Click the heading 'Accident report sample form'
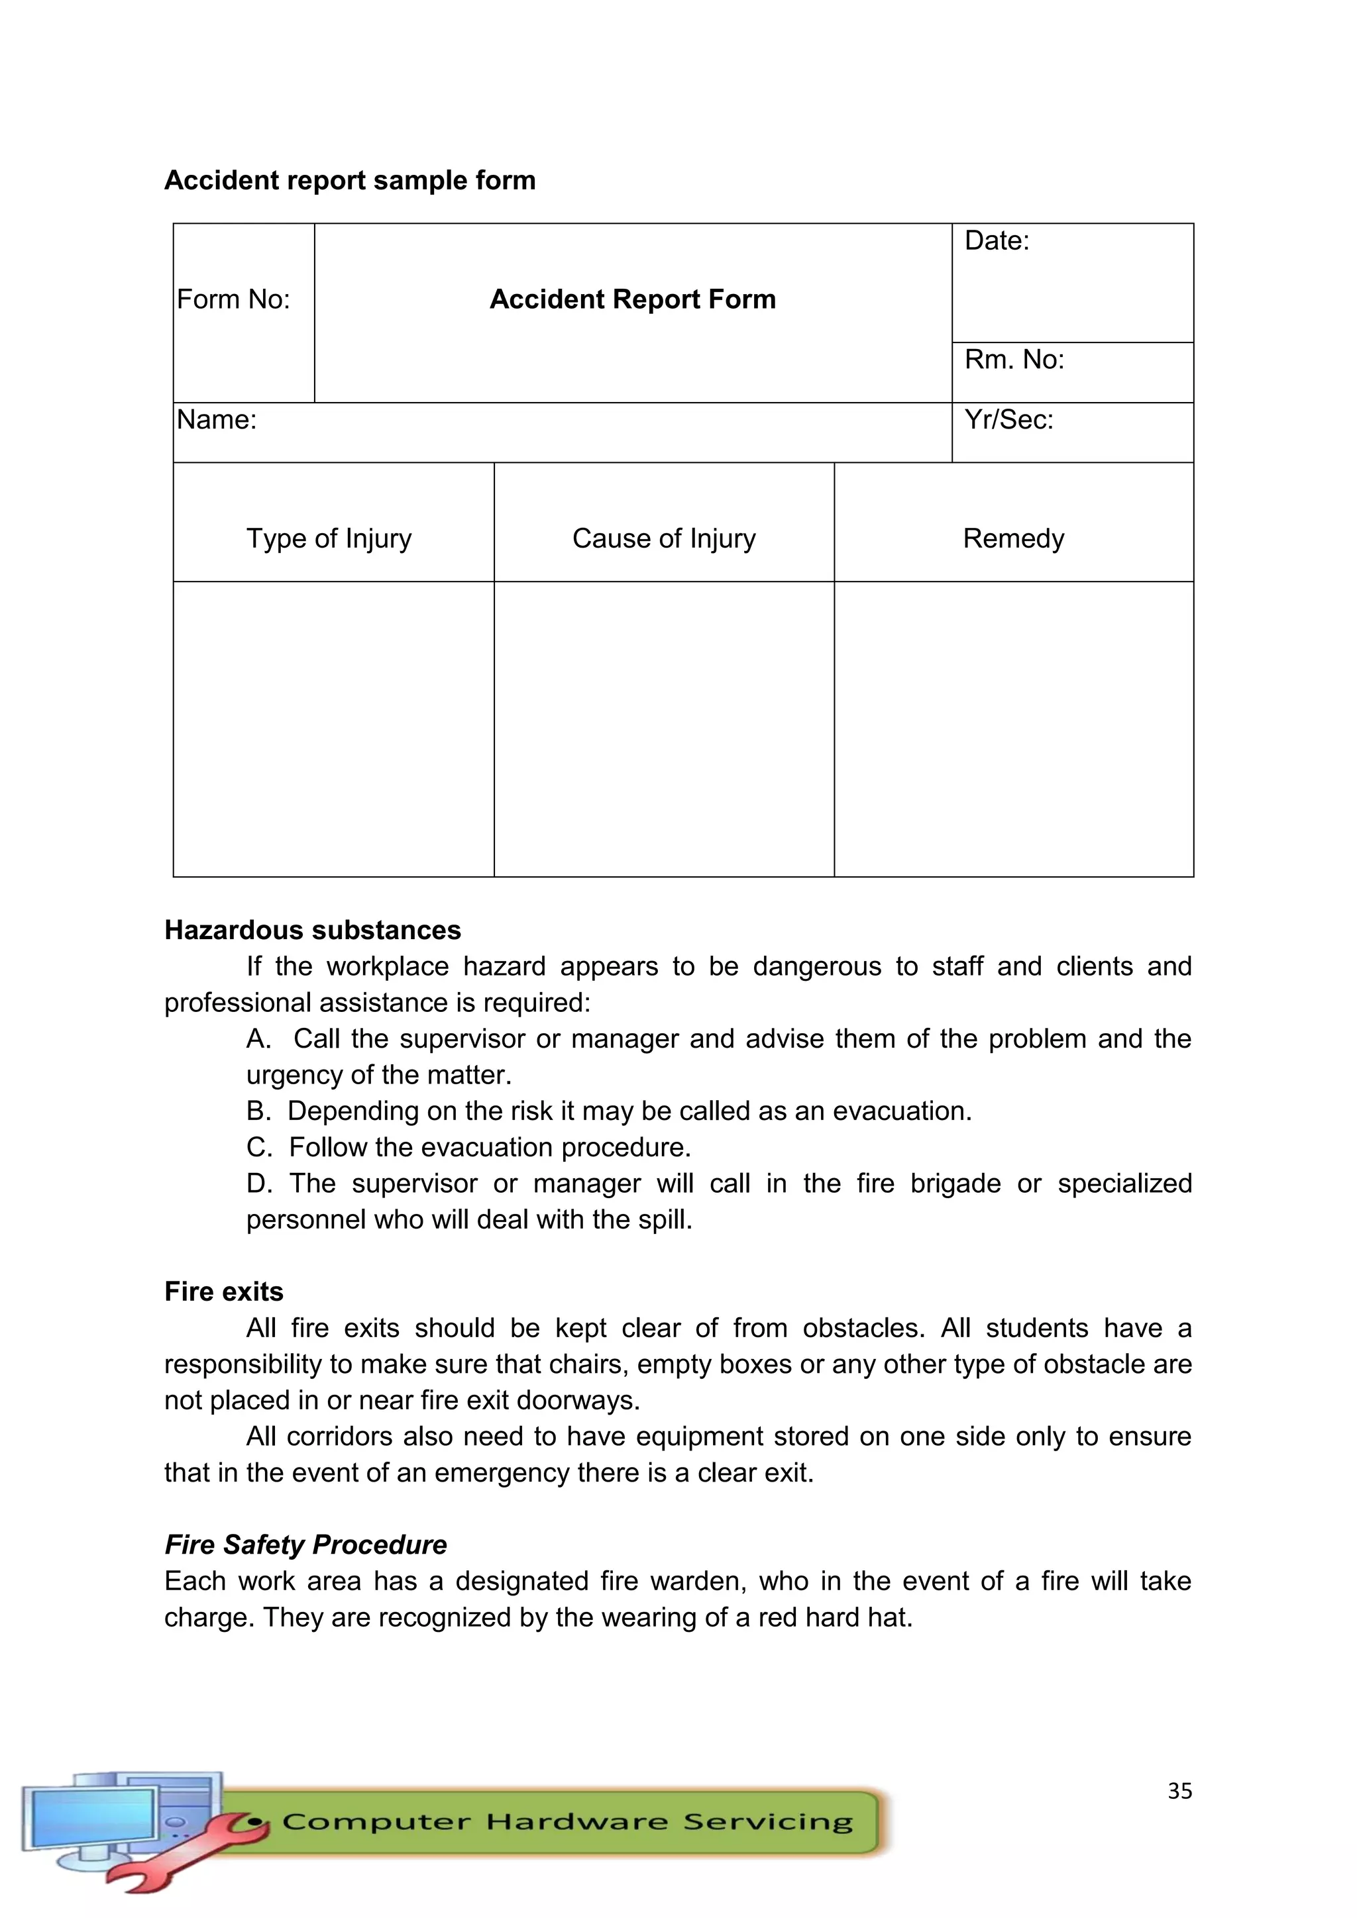[x=349, y=180]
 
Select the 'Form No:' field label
[x=233, y=299]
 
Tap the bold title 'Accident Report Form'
[x=633, y=299]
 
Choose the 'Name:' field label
[x=217, y=419]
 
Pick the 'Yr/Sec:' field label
[x=1008, y=419]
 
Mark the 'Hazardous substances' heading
[x=313, y=930]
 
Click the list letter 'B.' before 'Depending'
[x=258, y=1111]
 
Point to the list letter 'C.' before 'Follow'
[x=259, y=1147]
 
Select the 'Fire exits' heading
[x=224, y=1291]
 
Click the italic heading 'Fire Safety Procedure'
[x=306, y=1544]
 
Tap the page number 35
[x=1179, y=1790]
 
